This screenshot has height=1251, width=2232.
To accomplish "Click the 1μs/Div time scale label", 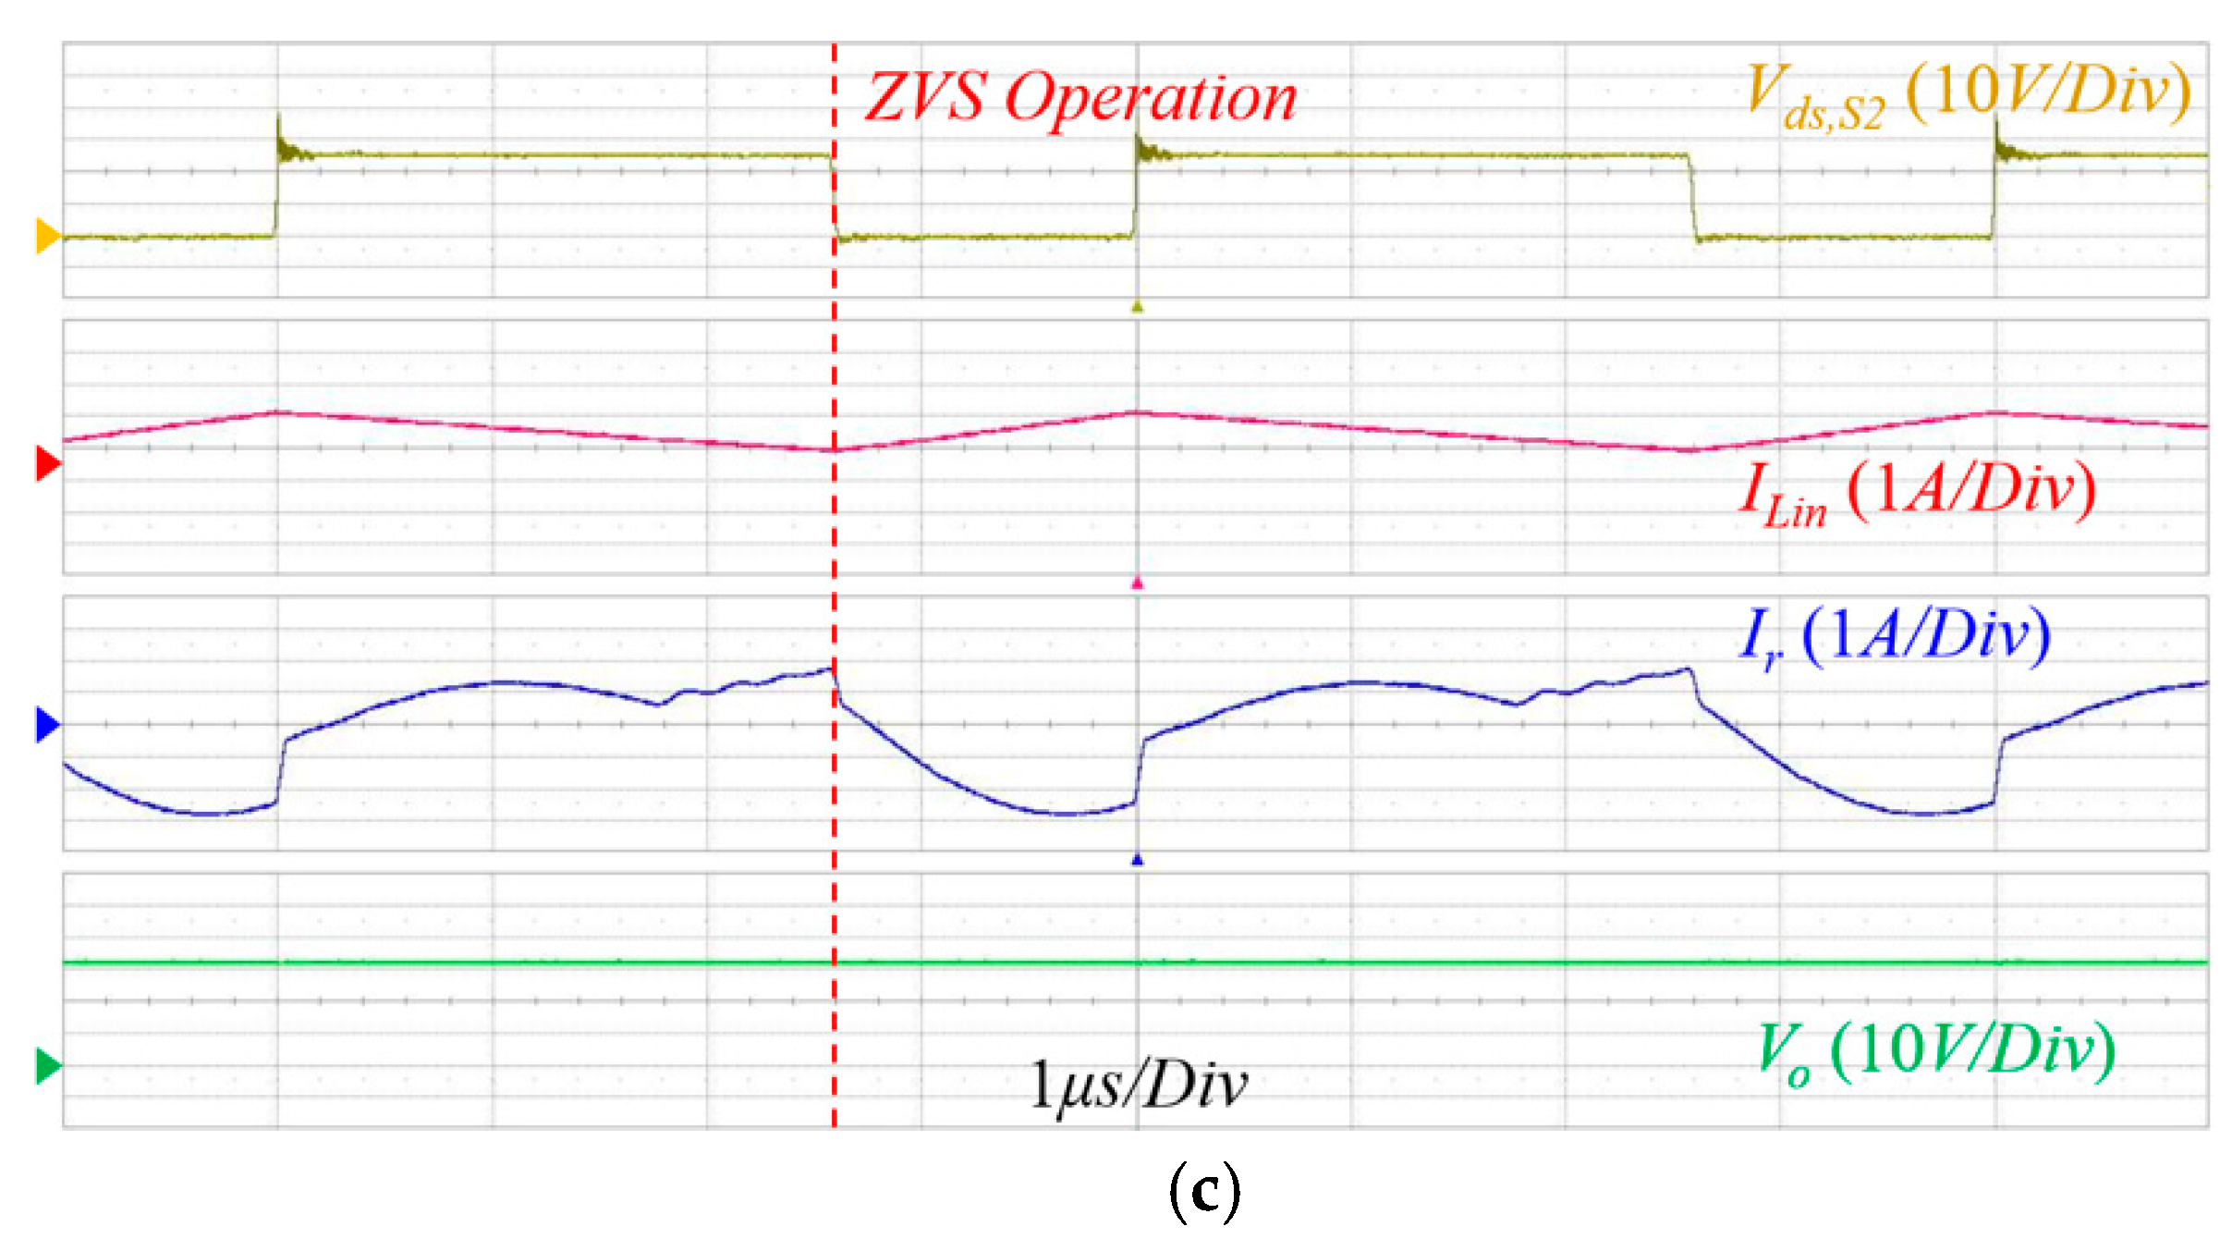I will (1138, 1084).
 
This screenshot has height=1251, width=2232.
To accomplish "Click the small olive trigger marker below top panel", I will (1138, 307).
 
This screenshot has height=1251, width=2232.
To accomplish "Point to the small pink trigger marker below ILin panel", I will (1138, 583).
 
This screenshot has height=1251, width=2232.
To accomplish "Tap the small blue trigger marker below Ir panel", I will (1138, 860).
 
